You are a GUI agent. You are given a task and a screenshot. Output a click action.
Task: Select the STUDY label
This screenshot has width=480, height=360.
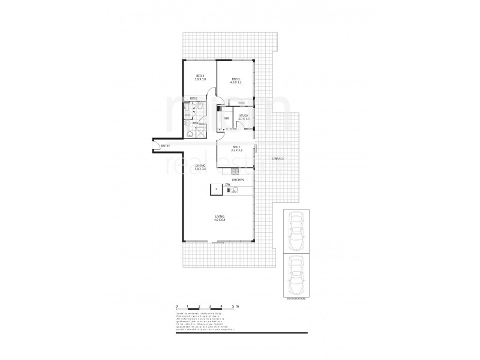(x=244, y=116)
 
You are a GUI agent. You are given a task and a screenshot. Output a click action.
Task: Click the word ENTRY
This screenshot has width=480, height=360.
(x=166, y=146)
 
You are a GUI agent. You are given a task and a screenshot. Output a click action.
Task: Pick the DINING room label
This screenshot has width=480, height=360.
(x=200, y=166)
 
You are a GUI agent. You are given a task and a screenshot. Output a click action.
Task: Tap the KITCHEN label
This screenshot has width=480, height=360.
(x=237, y=179)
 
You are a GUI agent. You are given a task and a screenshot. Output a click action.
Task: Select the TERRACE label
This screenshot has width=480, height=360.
(x=277, y=159)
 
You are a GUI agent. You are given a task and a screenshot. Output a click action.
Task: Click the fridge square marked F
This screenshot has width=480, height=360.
(x=213, y=190)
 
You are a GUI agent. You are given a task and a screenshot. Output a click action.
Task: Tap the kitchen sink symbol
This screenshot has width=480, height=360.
(x=235, y=191)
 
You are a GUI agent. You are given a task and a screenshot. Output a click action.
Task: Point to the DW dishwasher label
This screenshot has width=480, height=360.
(x=228, y=185)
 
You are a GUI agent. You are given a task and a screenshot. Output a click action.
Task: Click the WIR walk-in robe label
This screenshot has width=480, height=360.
(x=226, y=118)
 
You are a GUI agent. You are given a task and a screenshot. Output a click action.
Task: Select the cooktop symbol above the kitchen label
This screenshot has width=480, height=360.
(x=235, y=172)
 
